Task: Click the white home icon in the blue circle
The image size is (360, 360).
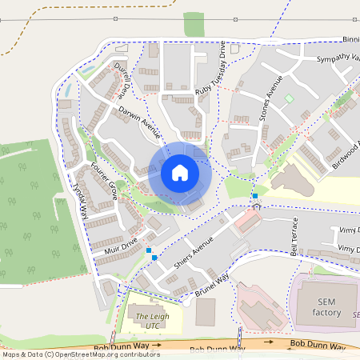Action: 180,172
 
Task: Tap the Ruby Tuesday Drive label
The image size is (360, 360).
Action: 211,74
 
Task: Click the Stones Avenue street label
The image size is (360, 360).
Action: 271,99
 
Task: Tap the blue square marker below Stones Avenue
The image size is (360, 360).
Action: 254,195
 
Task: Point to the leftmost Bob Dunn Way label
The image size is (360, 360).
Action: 120,346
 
